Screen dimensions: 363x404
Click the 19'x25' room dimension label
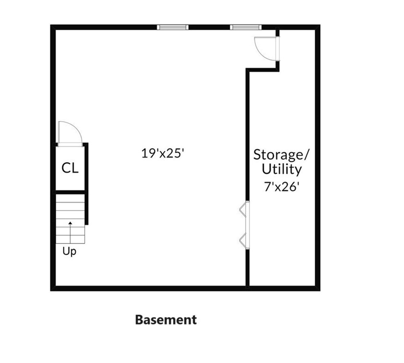point(163,153)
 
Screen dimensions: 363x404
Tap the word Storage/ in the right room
point(282,155)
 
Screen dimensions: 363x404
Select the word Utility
point(282,169)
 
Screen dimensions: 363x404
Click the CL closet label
point(70,168)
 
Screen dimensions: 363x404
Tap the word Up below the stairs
point(70,251)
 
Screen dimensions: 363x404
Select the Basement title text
point(166,319)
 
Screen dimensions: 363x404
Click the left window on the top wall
point(173,27)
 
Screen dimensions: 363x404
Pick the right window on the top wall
point(245,27)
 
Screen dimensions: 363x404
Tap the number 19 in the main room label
point(147,153)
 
